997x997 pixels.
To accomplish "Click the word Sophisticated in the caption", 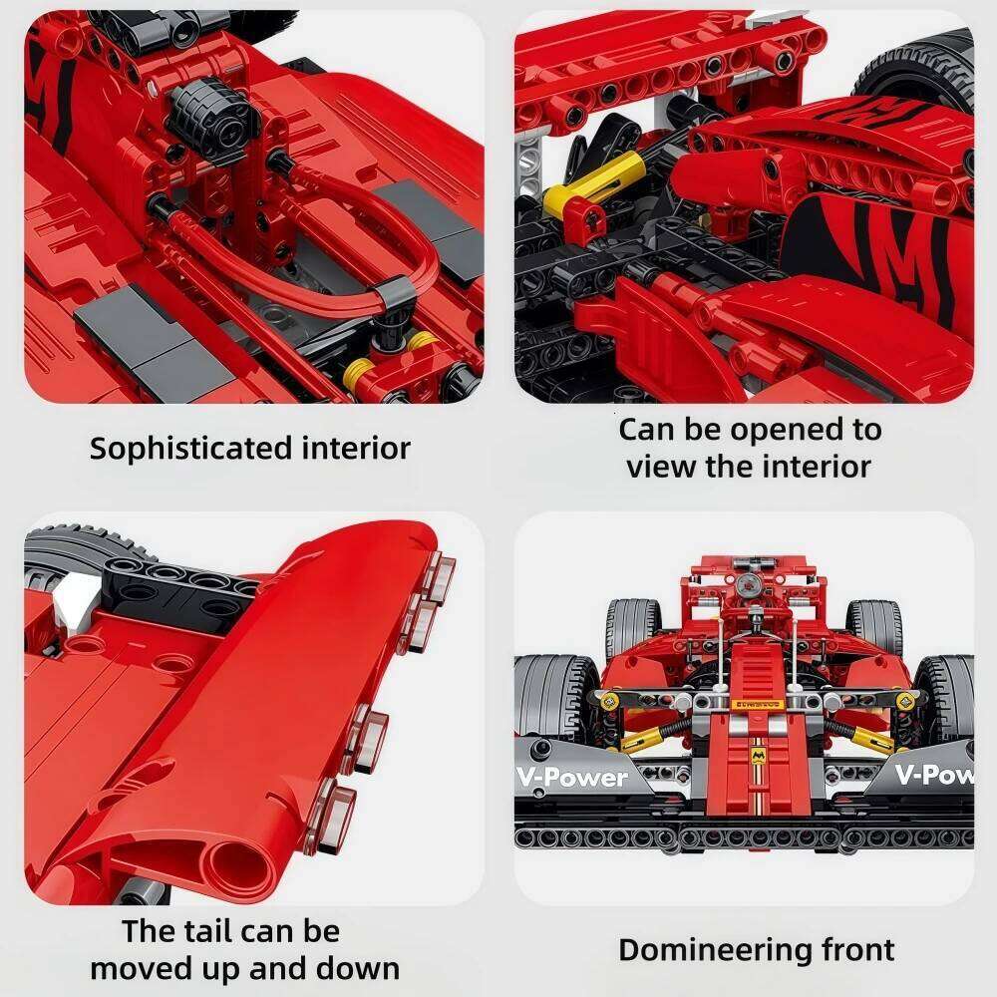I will click(178, 449).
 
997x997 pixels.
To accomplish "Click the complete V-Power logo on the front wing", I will click(571, 778).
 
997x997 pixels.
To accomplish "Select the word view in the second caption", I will click(659, 466).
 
